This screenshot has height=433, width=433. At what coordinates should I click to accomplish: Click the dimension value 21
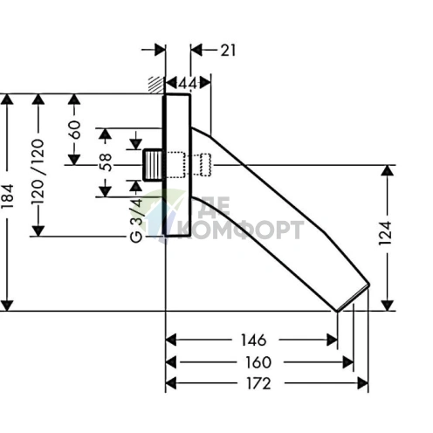[228, 51]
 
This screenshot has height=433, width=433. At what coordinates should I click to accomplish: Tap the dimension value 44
[188, 84]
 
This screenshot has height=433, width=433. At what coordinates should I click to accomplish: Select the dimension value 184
[7, 196]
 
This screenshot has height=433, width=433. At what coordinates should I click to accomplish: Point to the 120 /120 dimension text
[38, 171]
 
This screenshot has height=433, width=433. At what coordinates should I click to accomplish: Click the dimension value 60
[74, 129]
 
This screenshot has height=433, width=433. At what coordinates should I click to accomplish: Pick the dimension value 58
[106, 162]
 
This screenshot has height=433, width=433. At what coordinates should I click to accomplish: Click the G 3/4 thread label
[136, 220]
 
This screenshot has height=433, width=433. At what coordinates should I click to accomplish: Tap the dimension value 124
[385, 233]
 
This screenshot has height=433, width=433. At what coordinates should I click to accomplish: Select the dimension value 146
[253, 340]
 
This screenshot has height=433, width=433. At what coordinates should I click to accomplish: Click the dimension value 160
[258, 362]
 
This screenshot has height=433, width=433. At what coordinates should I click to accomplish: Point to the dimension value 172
[258, 383]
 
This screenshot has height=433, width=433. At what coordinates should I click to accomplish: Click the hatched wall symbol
[156, 85]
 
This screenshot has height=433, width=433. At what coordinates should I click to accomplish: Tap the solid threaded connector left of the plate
[153, 165]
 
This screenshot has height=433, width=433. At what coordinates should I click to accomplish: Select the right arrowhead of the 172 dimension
[363, 383]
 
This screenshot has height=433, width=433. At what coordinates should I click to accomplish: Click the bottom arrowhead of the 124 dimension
[387, 306]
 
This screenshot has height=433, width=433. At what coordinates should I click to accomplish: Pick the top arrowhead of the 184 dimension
[7, 99]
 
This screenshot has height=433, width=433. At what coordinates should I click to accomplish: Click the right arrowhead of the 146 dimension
[332, 340]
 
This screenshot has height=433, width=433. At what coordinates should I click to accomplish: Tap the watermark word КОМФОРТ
[241, 230]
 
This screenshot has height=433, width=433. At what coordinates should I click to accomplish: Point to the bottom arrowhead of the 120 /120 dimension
[38, 231]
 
